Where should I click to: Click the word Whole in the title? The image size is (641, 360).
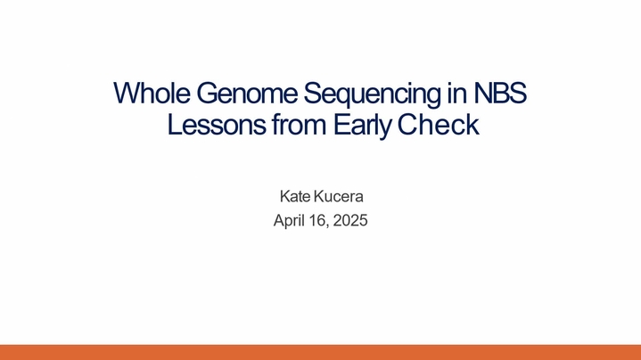[x=152, y=94]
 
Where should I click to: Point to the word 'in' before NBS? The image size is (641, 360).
[x=456, y=94]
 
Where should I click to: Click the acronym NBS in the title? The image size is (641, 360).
[x=500, y=94]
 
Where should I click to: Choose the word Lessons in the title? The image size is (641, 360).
[x=217, y=125]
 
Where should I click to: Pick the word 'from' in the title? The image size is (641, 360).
[x=299, y=125]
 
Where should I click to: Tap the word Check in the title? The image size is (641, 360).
[x=438, y=125]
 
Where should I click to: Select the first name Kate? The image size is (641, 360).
[x=295, y=197]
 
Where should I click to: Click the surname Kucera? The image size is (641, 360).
[x=338, y=197]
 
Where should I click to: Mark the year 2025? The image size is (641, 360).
[x=350, y=221]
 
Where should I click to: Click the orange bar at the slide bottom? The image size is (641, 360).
[x=321, y=352]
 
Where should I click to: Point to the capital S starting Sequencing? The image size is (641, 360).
[x=312, y=94]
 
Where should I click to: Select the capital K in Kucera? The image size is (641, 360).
[x=318, y=197]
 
